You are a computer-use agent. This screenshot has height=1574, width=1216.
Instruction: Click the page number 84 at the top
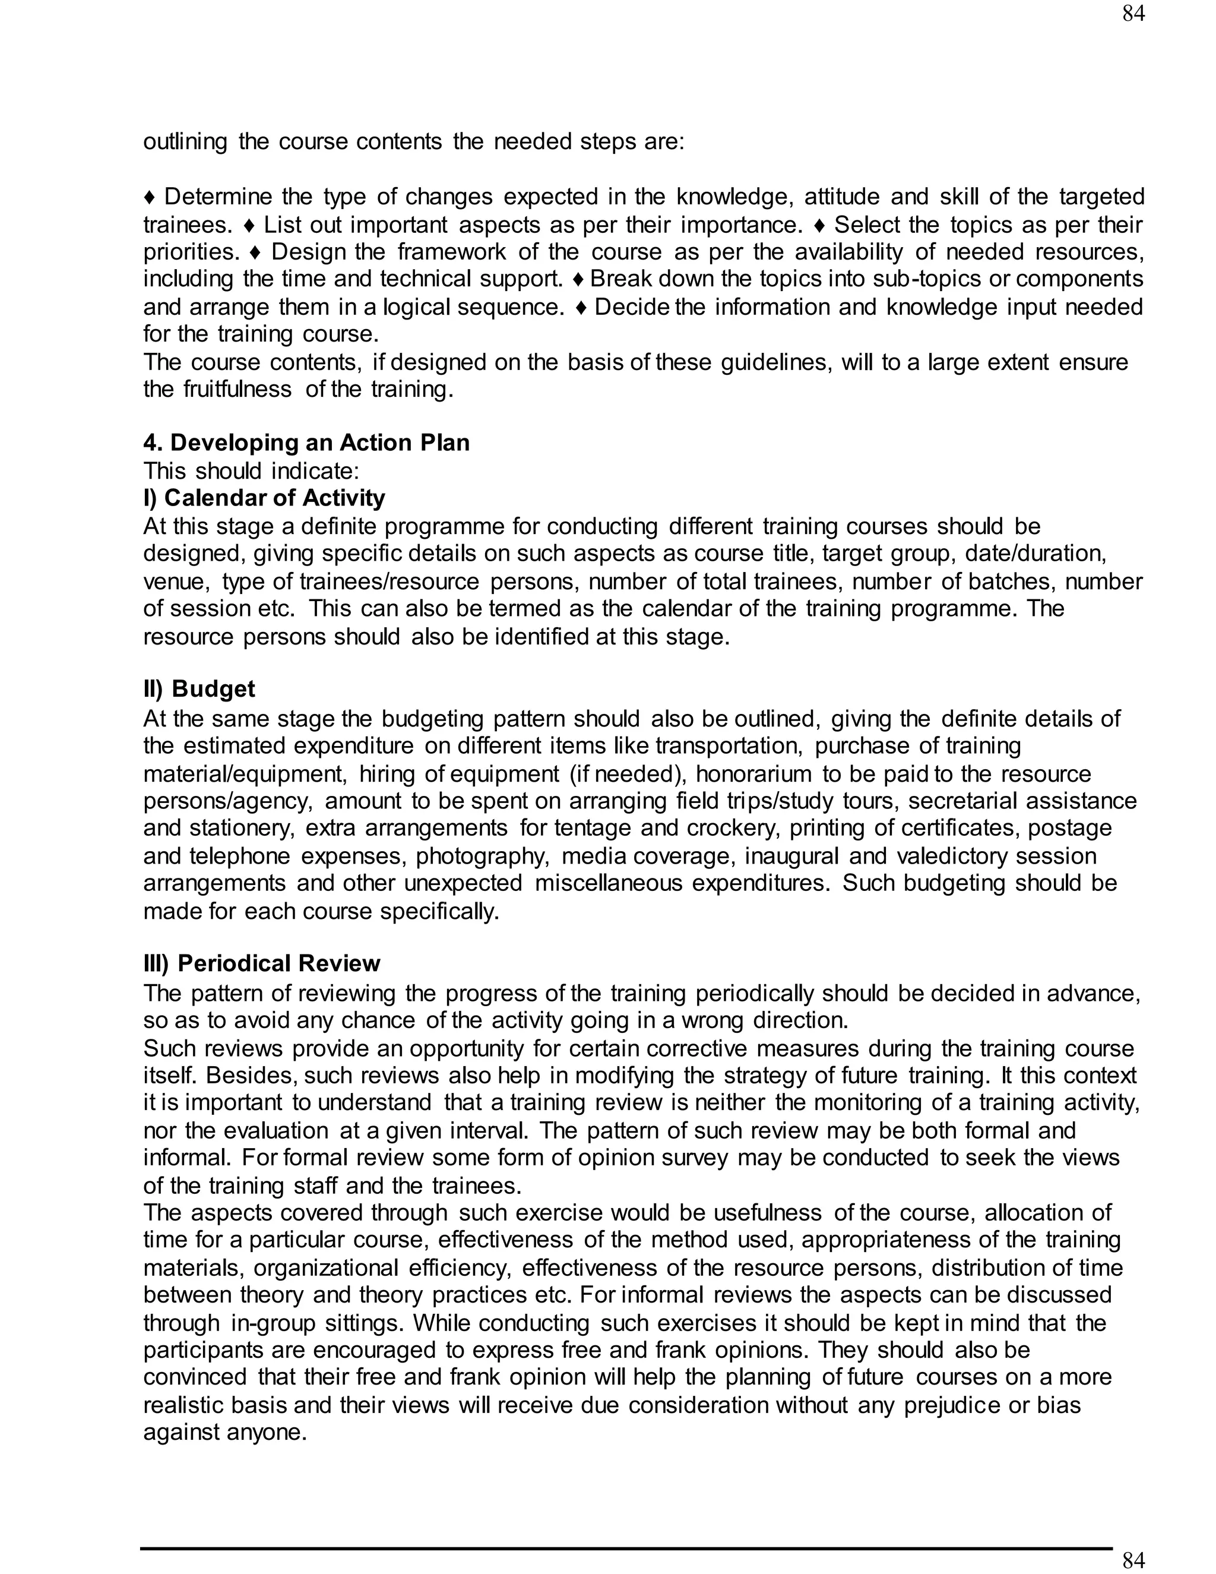point(1133,14)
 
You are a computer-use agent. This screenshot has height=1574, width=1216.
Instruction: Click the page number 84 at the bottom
point(1133,1560)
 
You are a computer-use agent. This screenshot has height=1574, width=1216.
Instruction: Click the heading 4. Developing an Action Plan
point(306,443)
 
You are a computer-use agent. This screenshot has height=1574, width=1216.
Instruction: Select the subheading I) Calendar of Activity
point(264,498)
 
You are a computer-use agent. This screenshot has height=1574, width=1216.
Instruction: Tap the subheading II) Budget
point(199,689)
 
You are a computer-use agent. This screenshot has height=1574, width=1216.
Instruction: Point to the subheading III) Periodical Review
point(261,963)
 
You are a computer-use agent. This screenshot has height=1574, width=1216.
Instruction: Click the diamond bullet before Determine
point(149,197)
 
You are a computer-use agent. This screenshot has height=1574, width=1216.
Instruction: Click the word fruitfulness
point(237,390)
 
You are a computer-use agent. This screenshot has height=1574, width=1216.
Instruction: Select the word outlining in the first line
point(185,141)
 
